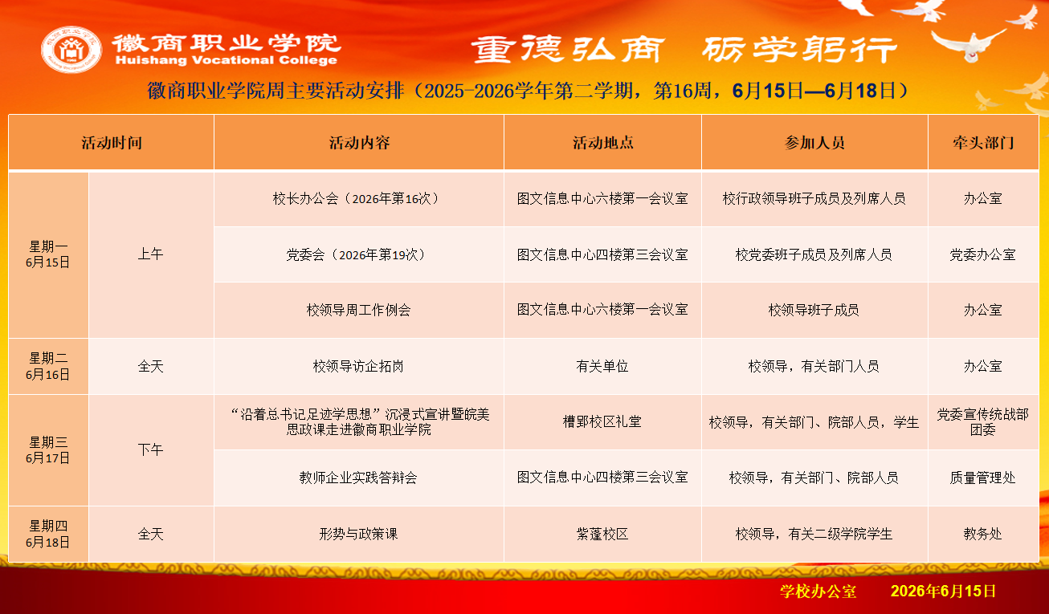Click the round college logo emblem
point(71,50)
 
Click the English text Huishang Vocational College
point(227,60)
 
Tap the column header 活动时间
point(112,142)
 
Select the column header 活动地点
point(602,142)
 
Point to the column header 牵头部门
point(983,142)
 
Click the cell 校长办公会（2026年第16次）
point(358,199)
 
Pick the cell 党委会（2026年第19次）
point(358,254)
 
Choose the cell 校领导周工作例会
point(358,310)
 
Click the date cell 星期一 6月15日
point(47,254)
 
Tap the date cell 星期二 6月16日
point(47,366)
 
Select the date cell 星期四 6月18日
point(47,534)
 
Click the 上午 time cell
point(150,254)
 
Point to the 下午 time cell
point(150,449)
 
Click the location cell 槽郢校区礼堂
point(602,421)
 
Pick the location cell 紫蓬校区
point(602,534)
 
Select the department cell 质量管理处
point(982,478)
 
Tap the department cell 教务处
point(982,534)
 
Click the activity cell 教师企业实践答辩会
point(358,478)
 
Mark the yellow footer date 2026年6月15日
point(943,591)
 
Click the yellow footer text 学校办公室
point(818,592)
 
